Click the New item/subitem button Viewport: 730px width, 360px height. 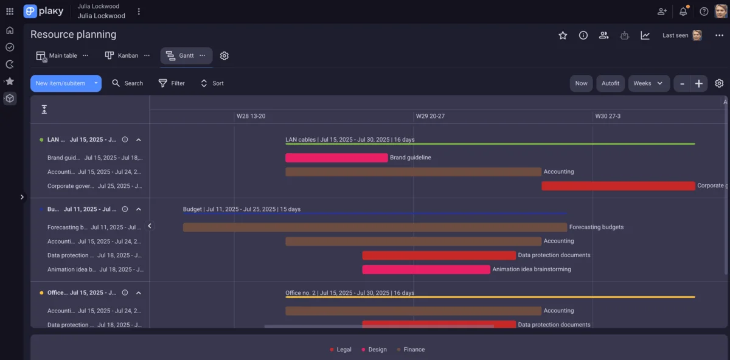pyautogui.click(x=60, y=83)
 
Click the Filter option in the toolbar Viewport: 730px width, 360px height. pyautogui.click(x=172, y=83)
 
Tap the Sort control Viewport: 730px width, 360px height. pyautogui.click(x=212, y=83)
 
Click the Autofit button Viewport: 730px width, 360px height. pyautogui.click(x=610, y=83)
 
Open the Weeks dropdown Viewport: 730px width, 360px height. pyautogui.click(x=648, y=83)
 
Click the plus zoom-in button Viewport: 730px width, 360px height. pyautogui.click(x=699, y=83)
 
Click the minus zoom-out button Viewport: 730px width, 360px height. pyautogui.click(x=683, y=83)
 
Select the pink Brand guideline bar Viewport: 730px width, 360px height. pyautogui.click(x=336, y=157)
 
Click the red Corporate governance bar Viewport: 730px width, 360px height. pyautogui.click(x=618, y=186)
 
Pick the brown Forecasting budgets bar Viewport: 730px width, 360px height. pyautogui.click(x=375, y=227)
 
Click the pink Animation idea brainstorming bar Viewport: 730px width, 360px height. pyautogui.click(x=426, y=269)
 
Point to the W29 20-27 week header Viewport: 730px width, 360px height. pyautogui.click(x=429, y=116)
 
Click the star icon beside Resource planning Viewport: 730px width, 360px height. pyautogui.click(x=563, y=35)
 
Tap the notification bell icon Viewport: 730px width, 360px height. pyautogui.click(x=683, y=12)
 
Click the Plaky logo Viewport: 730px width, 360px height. pyautogui.click(x=43, y=12)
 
